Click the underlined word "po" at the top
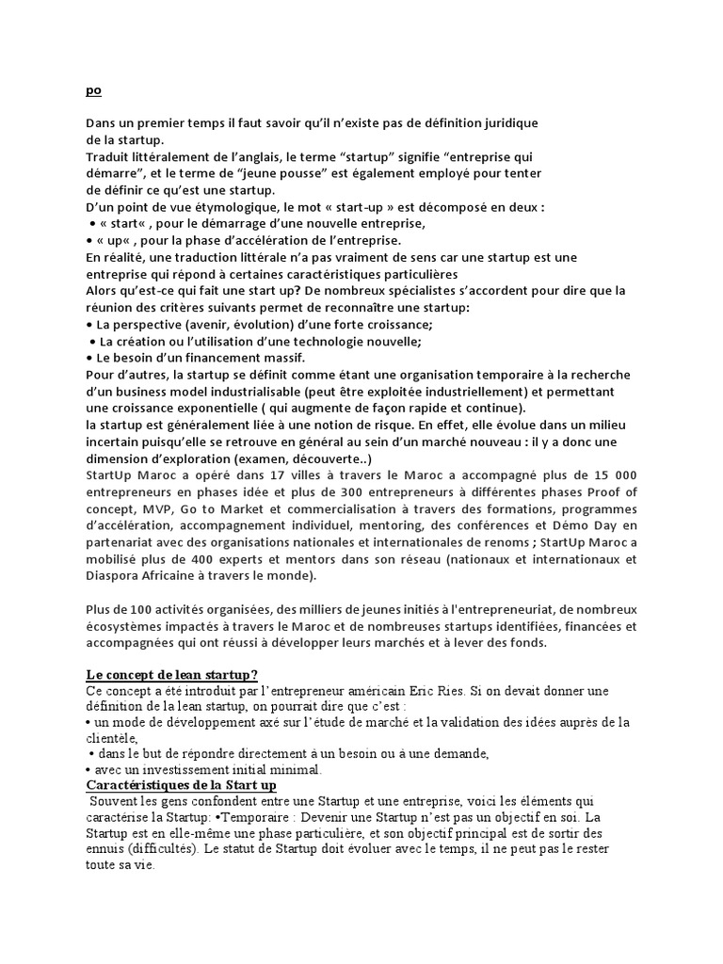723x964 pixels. (92, 91)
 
